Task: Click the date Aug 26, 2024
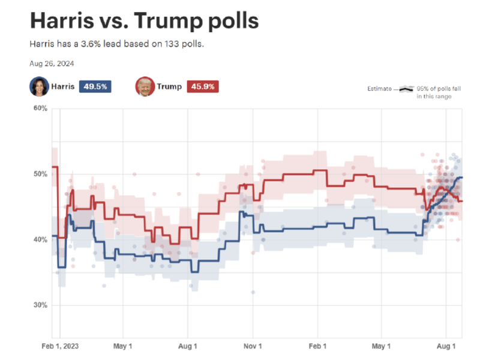[x=52, y=63]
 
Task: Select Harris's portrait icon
[x=39, y=86]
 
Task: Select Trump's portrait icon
[x=145, y=86]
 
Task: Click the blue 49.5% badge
[x=94, y=86]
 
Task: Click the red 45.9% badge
[x=203, y=86]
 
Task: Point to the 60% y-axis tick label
[x=39, y=109]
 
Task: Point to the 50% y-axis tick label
[x=39, y=174]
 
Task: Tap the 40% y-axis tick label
[x=39, y=239]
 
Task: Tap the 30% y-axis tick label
[x=39, y=305]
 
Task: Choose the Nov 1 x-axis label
[x=253, y=346]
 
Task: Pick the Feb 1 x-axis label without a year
[x=317, y=346]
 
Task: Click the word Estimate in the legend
[x=379, y=89]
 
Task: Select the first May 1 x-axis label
[x=123, y=346]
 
